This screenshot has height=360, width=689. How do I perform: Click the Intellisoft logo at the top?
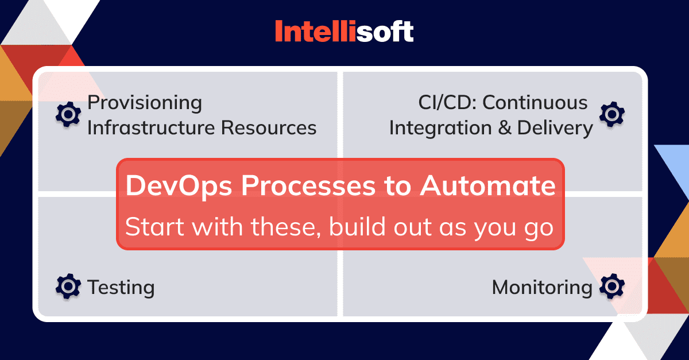point(344,31)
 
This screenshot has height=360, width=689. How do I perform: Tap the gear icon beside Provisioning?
point(68,114)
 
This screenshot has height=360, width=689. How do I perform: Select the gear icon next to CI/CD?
point(612,114)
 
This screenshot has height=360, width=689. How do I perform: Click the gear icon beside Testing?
point(68,286)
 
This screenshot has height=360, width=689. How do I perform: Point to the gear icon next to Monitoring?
point(612,286)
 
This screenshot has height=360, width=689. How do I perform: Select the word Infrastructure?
point(151,127)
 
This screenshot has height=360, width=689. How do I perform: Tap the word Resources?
point(269,127)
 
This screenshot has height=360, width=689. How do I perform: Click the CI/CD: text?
point(447,102)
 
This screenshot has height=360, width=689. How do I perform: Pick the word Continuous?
point(535,102)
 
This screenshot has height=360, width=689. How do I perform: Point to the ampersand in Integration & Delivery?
point(505,127)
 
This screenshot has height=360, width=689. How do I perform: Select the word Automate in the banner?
point(488,186)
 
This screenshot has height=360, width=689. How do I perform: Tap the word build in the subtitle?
point(357,226)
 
